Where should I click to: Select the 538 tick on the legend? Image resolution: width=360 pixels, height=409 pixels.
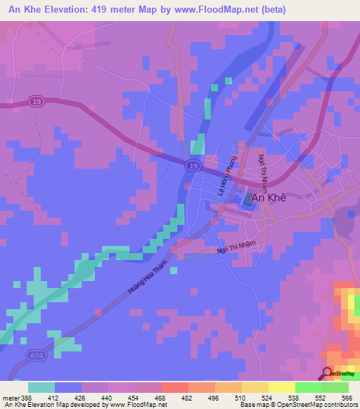pos(293,397)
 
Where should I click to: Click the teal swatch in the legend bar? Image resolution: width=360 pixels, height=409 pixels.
pos(41,387)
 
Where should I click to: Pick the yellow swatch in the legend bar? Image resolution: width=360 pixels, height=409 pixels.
pos(282,387)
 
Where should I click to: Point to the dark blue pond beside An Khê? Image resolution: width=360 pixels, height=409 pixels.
pos(249,200)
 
